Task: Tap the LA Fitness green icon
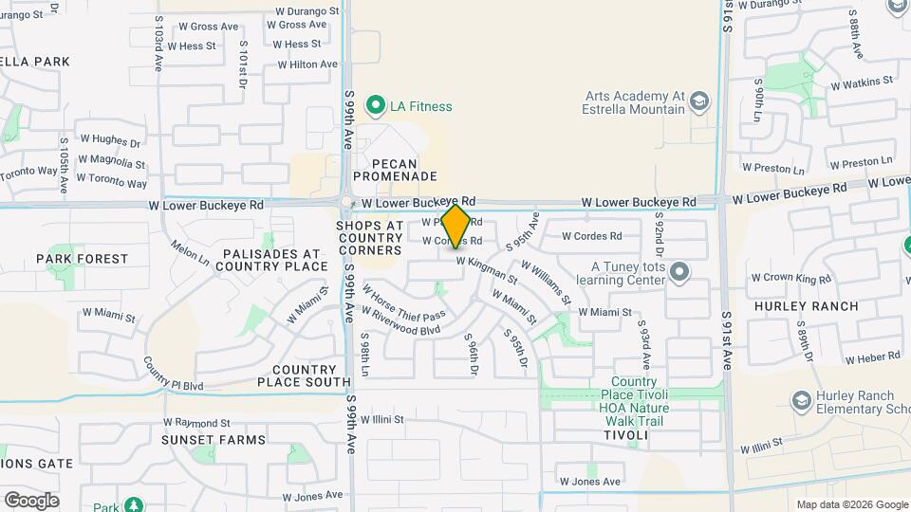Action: coord(377,106)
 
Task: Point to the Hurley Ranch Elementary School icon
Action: coord(801,401)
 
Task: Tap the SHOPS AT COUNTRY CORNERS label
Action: coord(369,237)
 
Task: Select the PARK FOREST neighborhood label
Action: coord(82,259)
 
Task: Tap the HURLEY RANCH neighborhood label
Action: coord(807,306)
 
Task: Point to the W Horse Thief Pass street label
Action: coord(403,302)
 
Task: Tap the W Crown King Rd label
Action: coord(790,279)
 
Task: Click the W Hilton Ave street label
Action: coord(307,64)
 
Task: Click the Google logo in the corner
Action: coord(31,500)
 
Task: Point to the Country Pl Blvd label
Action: coord(174,375)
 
